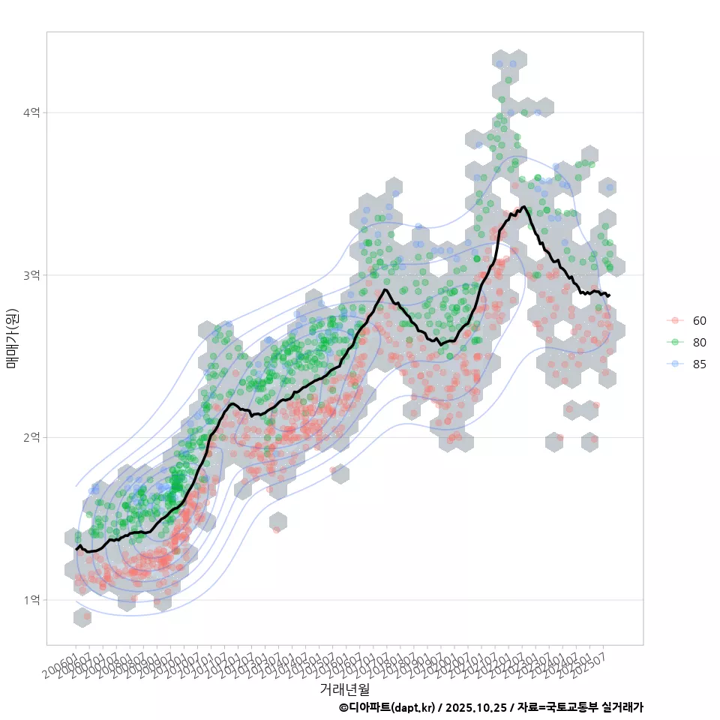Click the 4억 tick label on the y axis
click(x=31, y=112)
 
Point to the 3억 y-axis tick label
click(x=31, y=275)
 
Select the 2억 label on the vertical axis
click(x=31, y=437)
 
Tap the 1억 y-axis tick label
click(x=31, y=600)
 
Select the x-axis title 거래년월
click(x=344, y=688)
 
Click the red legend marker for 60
click(x=675, y=320)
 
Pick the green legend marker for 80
click(x=675, y=342)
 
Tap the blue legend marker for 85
click(x=675, y=364)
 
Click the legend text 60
click(x=699, y=320)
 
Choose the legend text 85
click(x=699, y=364)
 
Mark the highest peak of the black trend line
click(x=523, y=206)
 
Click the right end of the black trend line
click(x=609, y=295)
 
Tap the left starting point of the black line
click(x=76, y=550)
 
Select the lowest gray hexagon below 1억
click(x=83, y=617)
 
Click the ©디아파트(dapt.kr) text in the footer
click(x=386, y=707)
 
